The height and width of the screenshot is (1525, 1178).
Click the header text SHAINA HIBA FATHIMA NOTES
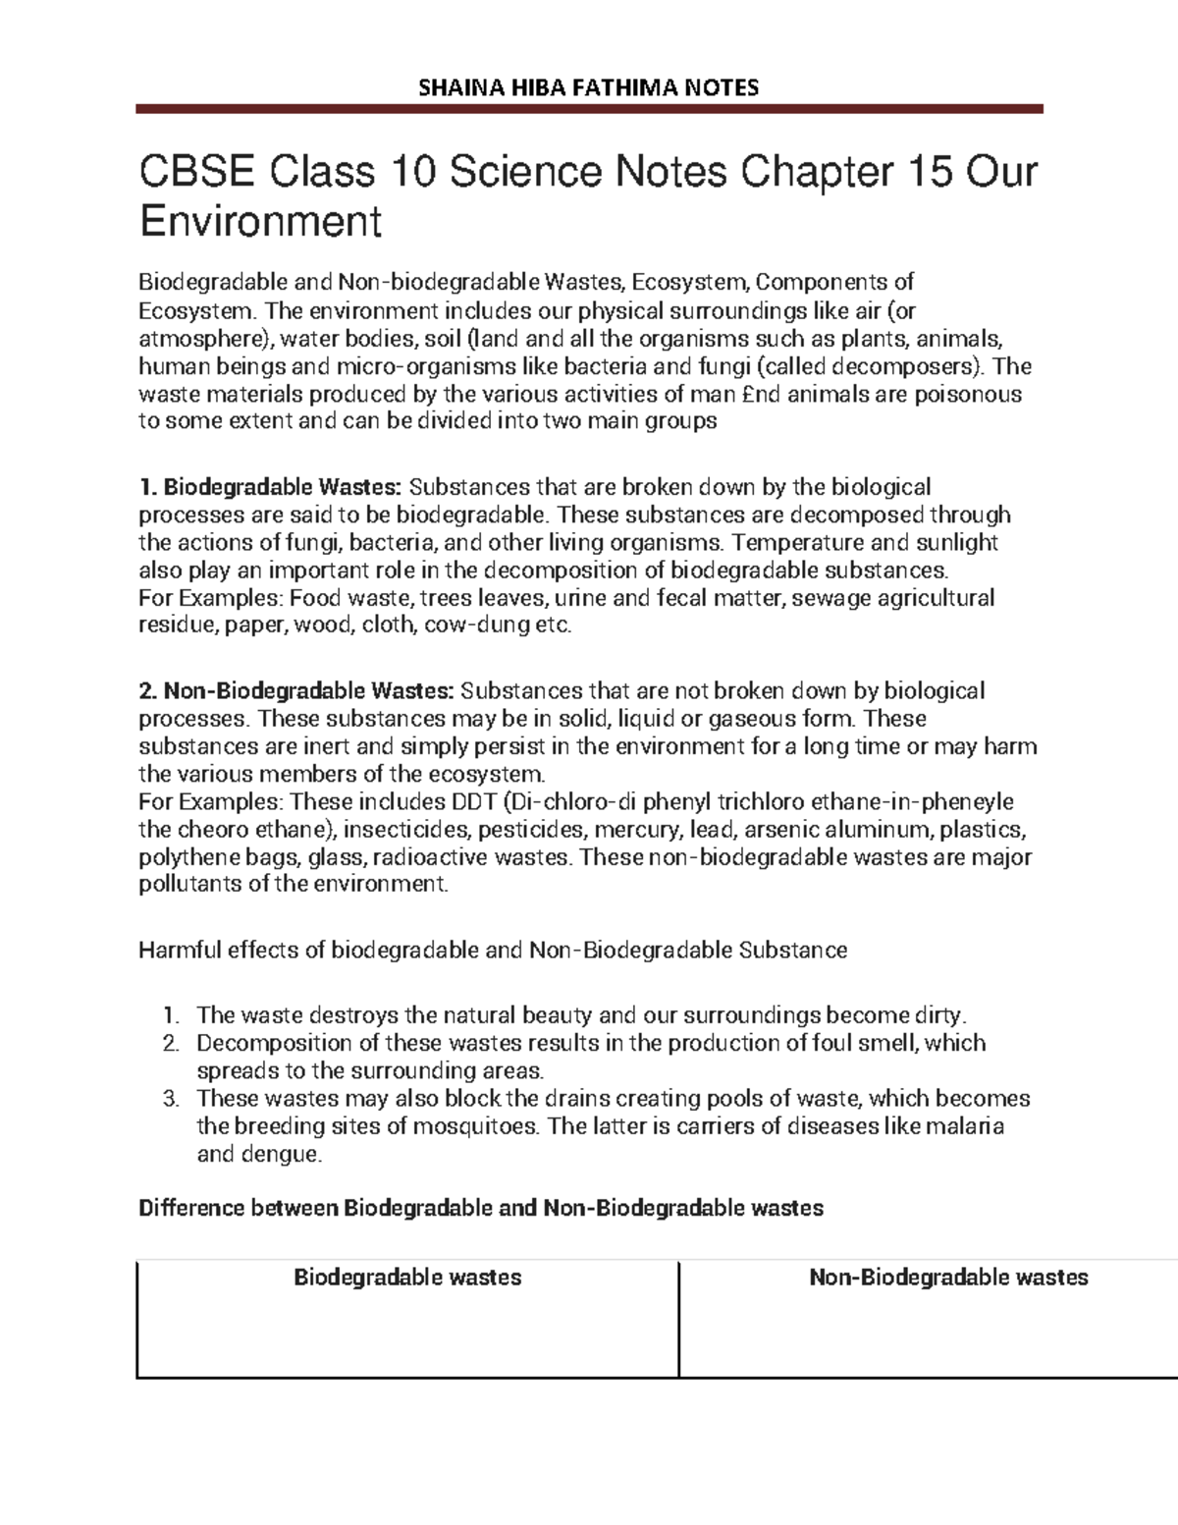coord(589,87)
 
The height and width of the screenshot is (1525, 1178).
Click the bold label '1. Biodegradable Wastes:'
coord(270,487)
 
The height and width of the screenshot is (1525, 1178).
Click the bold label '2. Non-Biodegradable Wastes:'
coord(296,691)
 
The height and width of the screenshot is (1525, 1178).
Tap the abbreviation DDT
coord(473,801)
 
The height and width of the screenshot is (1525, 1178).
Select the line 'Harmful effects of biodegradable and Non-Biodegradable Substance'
coord(493,951)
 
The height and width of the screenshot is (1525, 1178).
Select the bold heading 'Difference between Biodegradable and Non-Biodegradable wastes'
coord(481,1208)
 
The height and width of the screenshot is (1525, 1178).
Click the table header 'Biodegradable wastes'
coord(407,1278)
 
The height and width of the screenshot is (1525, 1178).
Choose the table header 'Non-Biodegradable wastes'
coord(947,1278)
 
